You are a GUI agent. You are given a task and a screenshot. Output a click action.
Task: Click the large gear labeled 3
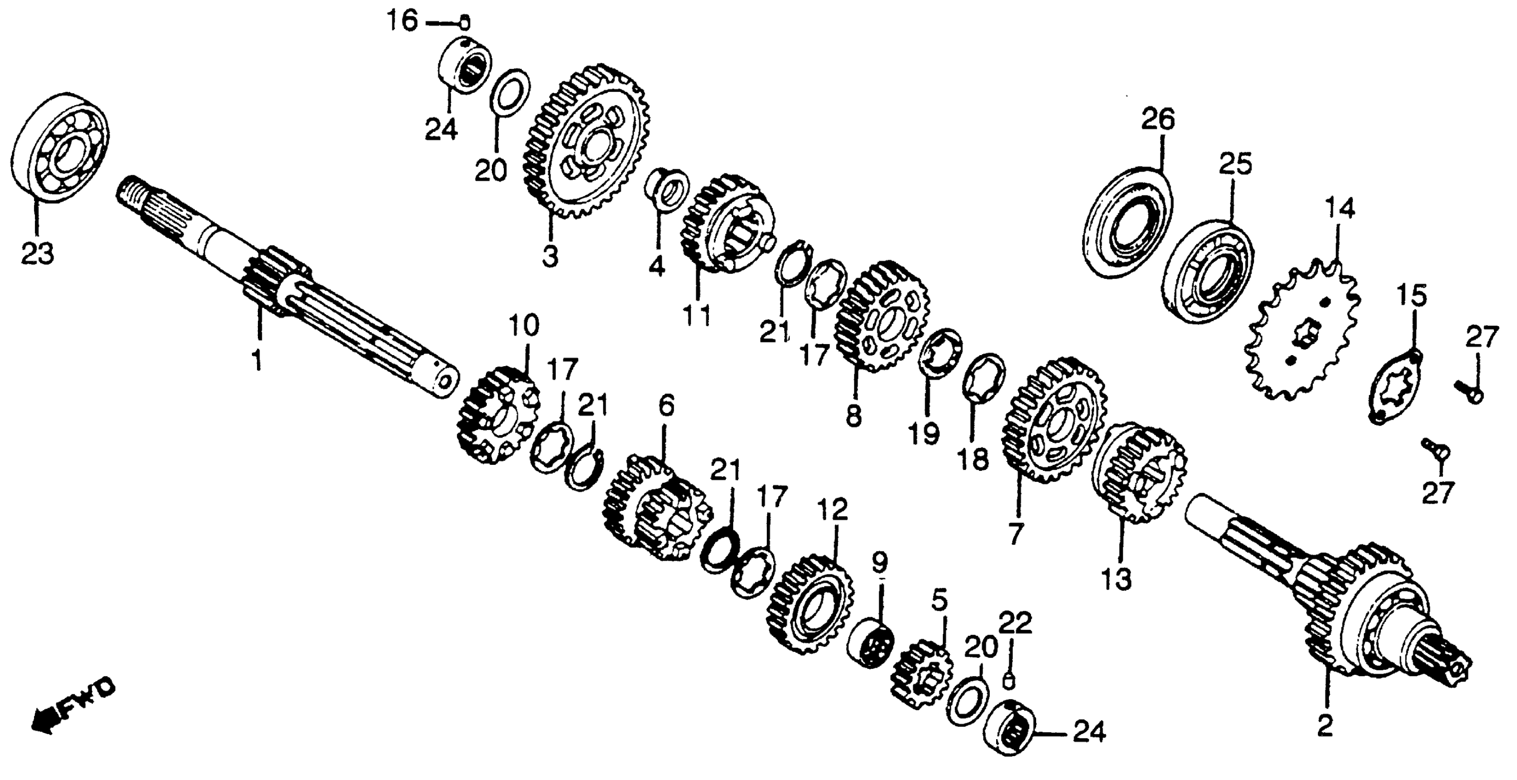pyautogui.click(x=586, y=141)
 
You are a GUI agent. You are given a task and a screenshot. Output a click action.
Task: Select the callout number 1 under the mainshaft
pyautogui.click(x=257, y=359)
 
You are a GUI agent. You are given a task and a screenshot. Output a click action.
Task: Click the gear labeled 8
pyautogui.click(x=881, y=316)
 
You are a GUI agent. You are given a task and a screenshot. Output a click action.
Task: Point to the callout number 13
pyautogui.click(x=1118, y=580)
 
